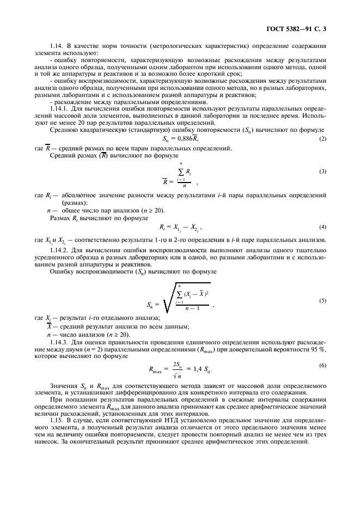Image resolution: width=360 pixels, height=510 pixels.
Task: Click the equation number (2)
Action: point(322,139)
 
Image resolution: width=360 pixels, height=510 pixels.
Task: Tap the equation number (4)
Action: point(322,226)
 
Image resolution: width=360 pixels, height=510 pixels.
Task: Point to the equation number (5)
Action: point(322,300)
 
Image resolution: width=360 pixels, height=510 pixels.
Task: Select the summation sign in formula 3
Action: point(180,171)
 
